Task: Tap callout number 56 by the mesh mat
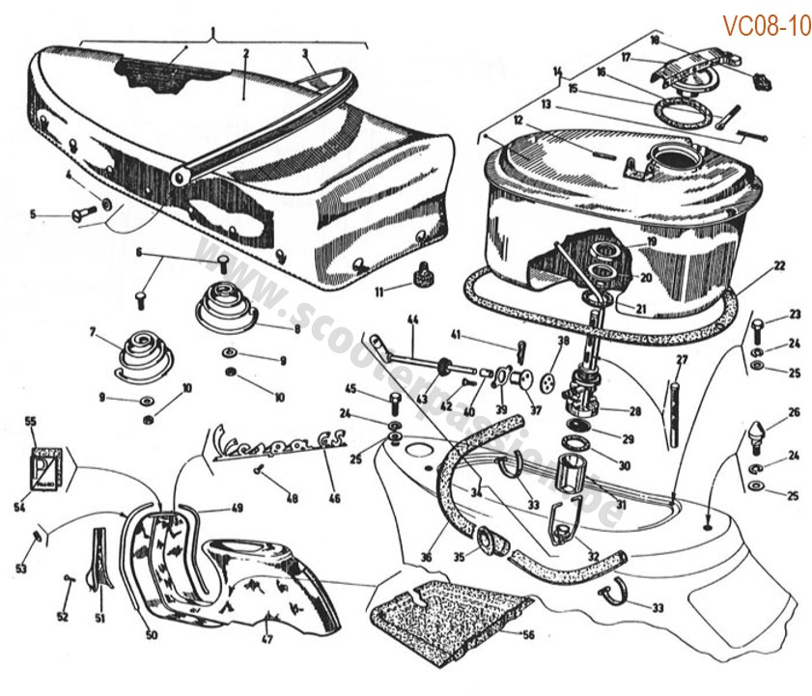pos(527,634)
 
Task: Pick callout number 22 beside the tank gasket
pos(779,264)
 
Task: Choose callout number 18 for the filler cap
pos(655,41)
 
